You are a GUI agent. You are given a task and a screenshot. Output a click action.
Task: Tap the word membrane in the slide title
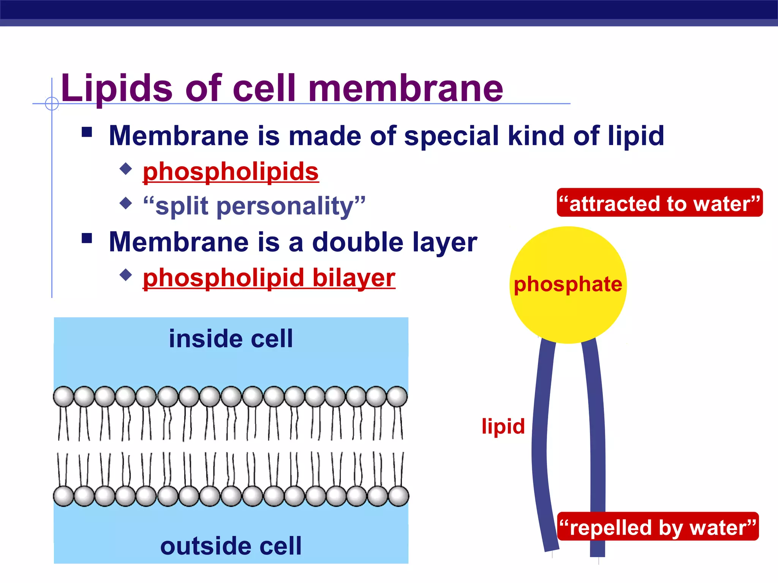(405, 89)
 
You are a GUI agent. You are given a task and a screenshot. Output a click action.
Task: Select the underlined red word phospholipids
(231, 172)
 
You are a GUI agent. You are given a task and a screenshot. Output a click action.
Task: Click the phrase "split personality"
(254, 206)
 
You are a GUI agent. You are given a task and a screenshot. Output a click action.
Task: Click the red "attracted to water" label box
(659, 203)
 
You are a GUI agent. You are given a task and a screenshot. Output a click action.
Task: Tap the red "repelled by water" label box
(658, 527)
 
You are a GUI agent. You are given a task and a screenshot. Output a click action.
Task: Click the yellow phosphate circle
(568, 285)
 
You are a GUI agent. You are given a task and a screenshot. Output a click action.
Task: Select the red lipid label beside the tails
(503, 426)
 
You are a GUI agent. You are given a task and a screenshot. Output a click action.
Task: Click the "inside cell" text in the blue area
(231, 339)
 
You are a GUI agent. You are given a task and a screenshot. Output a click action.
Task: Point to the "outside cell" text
(231, 546)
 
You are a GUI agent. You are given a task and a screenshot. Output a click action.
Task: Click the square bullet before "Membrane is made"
(87, 132)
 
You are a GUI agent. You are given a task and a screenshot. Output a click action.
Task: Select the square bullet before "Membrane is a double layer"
(87, 238)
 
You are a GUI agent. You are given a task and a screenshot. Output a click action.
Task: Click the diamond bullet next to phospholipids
(126, 169)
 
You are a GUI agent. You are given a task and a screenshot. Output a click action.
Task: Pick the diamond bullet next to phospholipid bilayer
(126, 275)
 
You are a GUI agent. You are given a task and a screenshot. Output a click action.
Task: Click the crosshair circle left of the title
(52, 103)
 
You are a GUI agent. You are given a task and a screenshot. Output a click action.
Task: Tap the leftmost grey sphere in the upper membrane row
(63, 397)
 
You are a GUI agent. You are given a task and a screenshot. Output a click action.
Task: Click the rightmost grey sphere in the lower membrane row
(398, 496)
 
